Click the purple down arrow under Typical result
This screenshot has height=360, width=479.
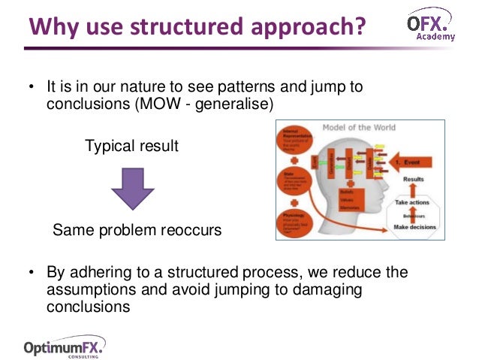(132, 187)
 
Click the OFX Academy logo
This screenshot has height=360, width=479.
(431, 26)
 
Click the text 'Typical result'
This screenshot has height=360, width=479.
(131, 146)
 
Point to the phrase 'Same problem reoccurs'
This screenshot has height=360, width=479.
(137, 230)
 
